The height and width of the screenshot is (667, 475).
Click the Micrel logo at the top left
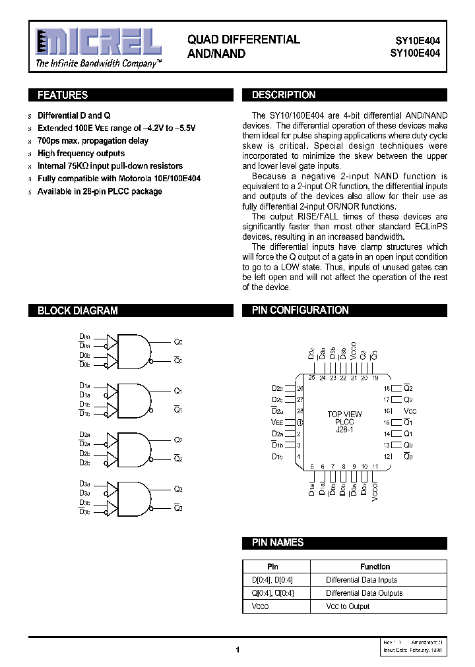coord(98,43)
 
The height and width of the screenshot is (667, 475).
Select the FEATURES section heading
coord(63,96)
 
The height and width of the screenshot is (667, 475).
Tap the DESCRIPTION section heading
coord(284,96)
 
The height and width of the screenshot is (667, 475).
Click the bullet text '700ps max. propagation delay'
coord(93,141)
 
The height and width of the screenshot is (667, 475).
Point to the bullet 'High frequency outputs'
coord(81,154)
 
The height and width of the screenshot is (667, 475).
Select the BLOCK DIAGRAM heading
coord(78,310)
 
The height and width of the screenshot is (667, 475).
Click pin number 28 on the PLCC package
coord(300,411)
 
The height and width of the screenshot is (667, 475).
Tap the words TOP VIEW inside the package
coord(344,414)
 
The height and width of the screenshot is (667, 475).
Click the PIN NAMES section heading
coord(278,542)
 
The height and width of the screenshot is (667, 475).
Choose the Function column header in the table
coord(375,567)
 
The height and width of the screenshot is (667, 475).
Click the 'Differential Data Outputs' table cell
coord(364,593)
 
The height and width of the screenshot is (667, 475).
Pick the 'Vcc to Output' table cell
coord(348,606)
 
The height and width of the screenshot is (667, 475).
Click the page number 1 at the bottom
coord(237,650)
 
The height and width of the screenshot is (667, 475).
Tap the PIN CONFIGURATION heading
coord(300,310)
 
